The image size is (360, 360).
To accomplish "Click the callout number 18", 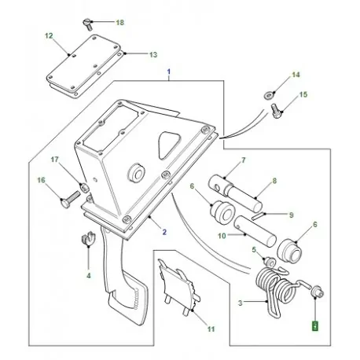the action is click(x=120, y=23).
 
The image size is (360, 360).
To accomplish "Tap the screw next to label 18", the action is click(x=87, y=24).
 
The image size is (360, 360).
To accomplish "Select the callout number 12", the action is click(x=49, y=35).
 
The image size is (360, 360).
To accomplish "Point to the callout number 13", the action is click(x=153, y=55).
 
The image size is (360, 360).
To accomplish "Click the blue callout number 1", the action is click(x=169, y=72).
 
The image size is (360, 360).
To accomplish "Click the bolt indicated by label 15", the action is click(x=276, y=111).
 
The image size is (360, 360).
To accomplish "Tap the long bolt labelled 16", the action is click(x=70, y=199).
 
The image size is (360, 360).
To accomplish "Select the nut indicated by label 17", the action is click(x=84, y=187).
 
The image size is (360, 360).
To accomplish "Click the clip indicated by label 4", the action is click(x=87, y=238).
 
